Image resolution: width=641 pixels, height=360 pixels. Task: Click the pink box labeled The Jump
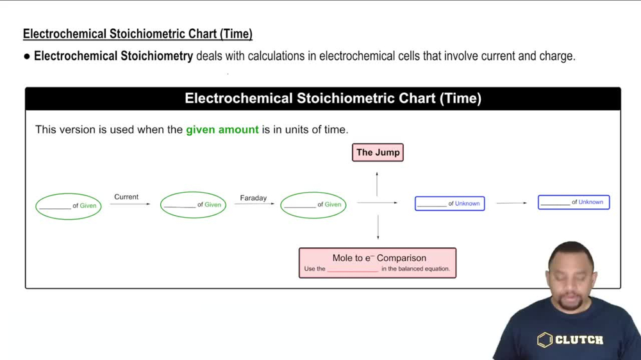(378, 152)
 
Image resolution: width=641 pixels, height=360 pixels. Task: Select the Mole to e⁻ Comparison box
(378, 263)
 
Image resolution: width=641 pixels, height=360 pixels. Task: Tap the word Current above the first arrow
(126, 197)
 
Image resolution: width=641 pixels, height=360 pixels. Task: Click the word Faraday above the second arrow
(253, 198)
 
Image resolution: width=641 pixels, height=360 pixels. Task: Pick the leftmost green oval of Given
(69, 206)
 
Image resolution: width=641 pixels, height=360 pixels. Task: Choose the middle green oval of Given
(193, 205)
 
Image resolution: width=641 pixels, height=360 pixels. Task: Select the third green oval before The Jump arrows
(313, 205)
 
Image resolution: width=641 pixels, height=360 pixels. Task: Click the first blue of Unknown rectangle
(449, 203)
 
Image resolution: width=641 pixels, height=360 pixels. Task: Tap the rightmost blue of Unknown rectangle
(574, 202)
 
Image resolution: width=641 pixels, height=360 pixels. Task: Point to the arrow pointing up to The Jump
(377, 184)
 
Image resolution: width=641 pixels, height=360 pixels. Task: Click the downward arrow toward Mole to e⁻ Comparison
(378, 227)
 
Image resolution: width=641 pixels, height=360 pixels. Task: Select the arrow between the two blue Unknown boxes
(512, 203)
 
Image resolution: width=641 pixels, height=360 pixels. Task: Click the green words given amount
(222, 129)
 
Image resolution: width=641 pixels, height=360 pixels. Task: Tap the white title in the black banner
(333, 99)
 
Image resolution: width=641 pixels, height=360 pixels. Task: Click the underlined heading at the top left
(138, 34)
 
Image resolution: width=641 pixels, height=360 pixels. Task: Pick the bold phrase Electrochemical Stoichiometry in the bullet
(113, 56)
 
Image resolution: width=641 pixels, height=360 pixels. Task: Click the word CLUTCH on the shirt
(579, 340)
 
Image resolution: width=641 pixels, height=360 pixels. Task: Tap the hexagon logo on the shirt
(545, 340)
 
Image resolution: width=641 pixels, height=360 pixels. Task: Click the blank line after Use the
(353, 269)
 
